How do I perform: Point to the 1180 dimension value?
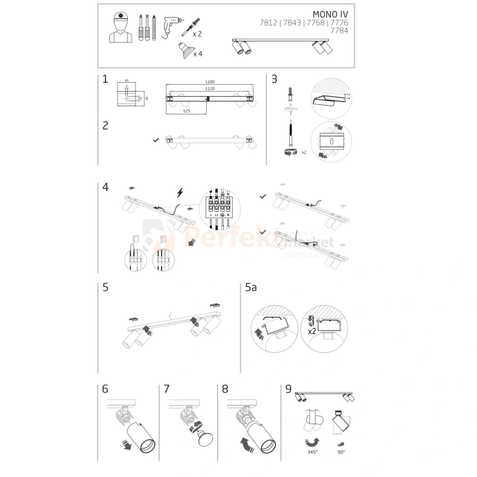[x=209, y=82]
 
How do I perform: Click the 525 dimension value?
[x=186, y=111]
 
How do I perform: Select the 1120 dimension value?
[x=209, y=89]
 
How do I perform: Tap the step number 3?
[x=274, y=79]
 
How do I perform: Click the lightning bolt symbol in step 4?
[x=179, y=192]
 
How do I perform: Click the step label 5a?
[x=251, y=287]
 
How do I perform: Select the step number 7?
[x=167, y=388]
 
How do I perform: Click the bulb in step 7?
[x=205, y=439]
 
